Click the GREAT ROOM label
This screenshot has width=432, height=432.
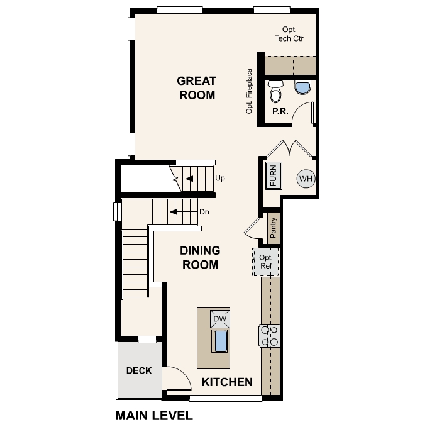point(197,88)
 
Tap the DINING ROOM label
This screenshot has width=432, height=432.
point(200,257)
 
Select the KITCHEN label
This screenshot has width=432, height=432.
point(226,382)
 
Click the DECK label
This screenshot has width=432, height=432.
point(138,370)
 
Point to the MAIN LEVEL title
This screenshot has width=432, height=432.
point(154,416)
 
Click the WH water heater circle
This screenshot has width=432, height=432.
point(306,179)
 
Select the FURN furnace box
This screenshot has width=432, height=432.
point(274,175)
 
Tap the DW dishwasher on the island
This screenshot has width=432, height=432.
point(219,319)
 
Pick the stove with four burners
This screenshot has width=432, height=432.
point(270,336)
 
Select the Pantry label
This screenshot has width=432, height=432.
point(274,226)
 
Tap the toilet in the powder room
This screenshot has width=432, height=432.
point(275,92)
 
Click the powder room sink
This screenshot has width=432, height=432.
point(302,87)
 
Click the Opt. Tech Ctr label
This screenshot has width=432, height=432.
point(290,34)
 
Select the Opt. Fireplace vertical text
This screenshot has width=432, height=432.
point(250,91)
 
